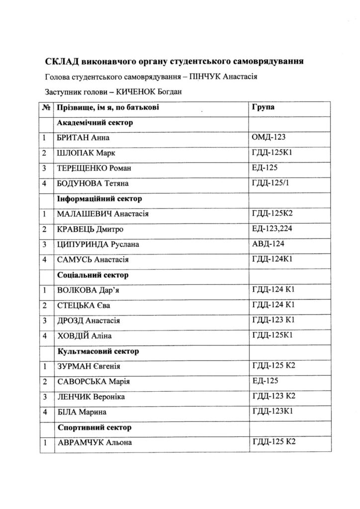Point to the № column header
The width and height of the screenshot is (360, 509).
[46, 107]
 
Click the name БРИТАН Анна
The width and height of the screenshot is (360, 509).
[83, 137]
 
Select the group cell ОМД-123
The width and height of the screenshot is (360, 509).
[268, 137]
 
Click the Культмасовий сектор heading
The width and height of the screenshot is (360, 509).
[98, 351]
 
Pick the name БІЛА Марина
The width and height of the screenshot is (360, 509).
[82, 412]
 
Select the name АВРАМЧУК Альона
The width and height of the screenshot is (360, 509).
[94, 442]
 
